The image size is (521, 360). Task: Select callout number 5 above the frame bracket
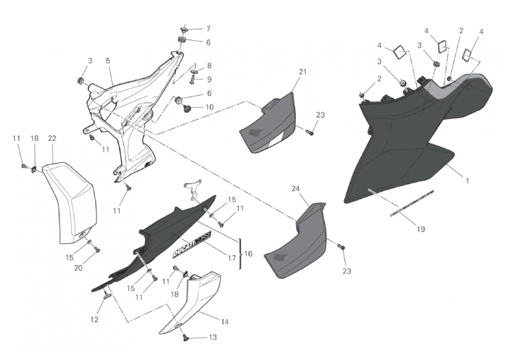pos(108,61)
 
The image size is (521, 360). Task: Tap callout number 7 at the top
pos(208,29)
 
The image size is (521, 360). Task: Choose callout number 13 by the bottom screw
pos(213,337)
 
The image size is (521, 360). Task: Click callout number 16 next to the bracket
pos(248,254)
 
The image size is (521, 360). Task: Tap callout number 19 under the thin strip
pos(421,229)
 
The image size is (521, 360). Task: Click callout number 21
pos(303,72)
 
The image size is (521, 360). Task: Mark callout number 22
pos(52,138)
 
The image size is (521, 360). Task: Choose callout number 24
pos(296,189)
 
